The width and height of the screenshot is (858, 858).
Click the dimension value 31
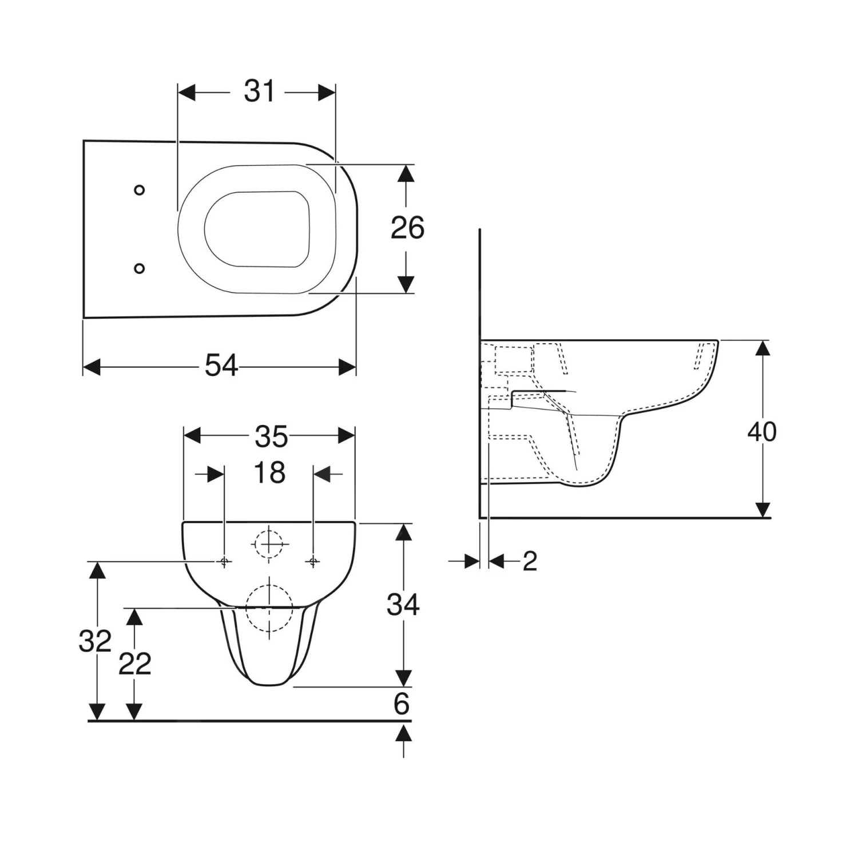259,92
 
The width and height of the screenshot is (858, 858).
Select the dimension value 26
407,228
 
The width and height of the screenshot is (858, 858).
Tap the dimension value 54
221,366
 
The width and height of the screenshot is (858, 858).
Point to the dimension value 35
271,437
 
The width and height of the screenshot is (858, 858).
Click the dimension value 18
269,473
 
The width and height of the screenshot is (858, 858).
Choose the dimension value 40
761,432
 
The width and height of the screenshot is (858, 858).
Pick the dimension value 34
403,605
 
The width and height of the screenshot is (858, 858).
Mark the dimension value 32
94,641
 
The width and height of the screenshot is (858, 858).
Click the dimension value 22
134,664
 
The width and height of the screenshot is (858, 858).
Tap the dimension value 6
402,704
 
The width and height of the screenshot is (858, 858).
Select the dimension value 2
530,562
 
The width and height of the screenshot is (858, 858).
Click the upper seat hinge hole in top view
139,190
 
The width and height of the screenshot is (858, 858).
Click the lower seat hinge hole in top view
139,268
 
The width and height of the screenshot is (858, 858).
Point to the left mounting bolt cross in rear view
224,562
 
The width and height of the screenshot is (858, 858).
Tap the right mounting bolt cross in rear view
313,562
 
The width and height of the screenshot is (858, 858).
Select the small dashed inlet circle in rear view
268,543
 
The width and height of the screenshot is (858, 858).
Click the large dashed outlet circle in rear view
269,608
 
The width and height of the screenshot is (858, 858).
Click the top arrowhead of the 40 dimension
762,348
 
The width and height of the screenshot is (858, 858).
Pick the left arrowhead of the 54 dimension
92,367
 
